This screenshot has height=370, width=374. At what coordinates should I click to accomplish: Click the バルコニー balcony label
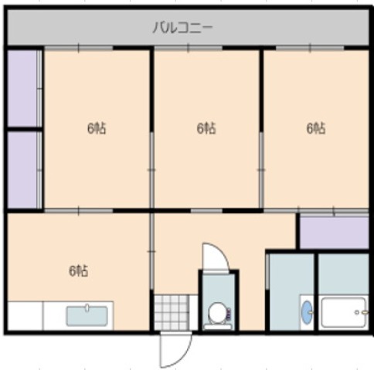pos(183,27)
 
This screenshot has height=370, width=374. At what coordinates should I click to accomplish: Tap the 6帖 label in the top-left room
pos(97,128)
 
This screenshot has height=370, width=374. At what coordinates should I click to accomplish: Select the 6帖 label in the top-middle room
pos(206,128)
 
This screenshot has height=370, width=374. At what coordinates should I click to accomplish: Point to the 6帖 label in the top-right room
pos(316,128)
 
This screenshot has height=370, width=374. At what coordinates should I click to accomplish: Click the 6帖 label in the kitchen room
pos(79,271)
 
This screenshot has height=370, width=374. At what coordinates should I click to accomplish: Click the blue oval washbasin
pos(307,312)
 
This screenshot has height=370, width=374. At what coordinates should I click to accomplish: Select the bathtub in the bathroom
pos(344,313)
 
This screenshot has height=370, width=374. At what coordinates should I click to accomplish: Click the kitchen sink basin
pos(87,316)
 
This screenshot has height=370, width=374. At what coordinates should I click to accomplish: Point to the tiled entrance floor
pos(172,313)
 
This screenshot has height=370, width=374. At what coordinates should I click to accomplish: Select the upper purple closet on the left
pos(22,88)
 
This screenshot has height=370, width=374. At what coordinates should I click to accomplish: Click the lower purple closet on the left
pos(22,170)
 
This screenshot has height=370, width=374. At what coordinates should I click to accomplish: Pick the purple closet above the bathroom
pos(335,233)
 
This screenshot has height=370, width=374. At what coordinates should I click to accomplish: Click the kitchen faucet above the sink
pos(87,307)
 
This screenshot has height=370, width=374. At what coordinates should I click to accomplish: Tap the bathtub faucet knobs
pos(361,312)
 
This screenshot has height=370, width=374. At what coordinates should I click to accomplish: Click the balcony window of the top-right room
pos(310,48)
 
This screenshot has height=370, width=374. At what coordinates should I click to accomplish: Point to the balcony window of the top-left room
pos(79,48)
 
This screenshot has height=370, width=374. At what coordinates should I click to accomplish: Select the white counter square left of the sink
pos(25,316)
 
